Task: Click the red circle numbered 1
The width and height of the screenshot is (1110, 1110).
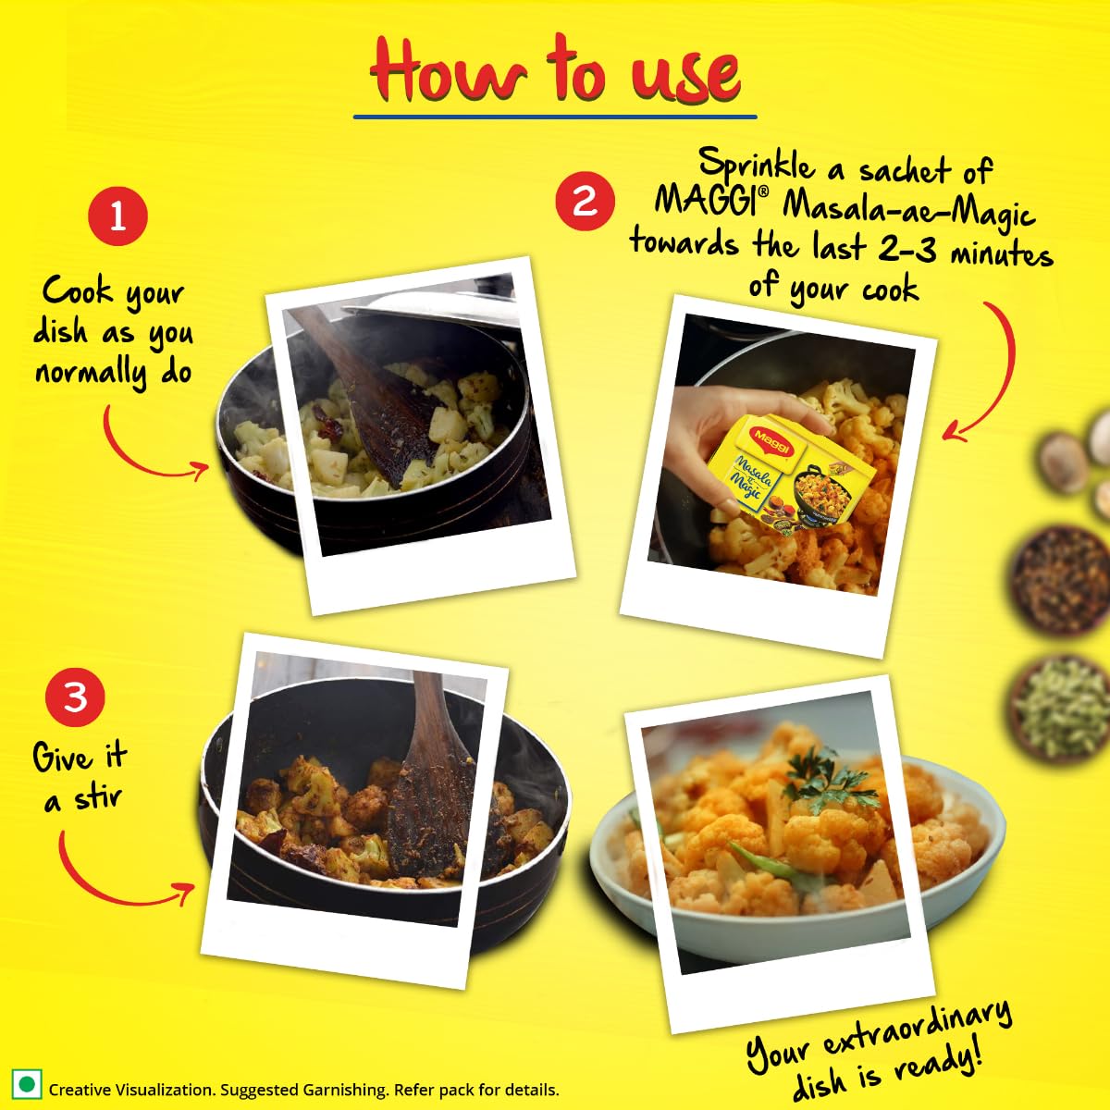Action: pyautogui.click(x=117, y=216)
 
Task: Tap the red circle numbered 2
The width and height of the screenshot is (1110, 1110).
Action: pyautogui.click(x=585, y=200)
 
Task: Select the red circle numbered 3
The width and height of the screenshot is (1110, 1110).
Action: pyautogui.click(x=75, y=696)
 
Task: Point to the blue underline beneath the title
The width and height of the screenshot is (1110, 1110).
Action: pyautogui.click(x=555, y=117)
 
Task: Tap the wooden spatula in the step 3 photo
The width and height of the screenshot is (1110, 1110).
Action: pyautogui.click(x=430, y=777)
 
